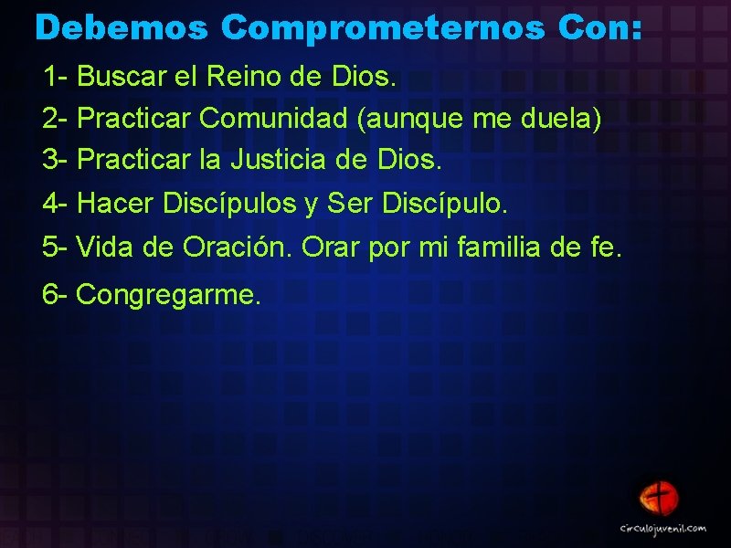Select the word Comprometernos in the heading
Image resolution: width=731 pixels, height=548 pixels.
point(384,27)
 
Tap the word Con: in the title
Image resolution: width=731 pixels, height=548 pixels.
point(604,27)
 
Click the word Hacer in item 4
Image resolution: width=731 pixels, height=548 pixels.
point(116,204)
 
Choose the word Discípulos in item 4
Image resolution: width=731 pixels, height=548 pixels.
point(233,204)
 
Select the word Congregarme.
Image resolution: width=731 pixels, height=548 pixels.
point(169,295)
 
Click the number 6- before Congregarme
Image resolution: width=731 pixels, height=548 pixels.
point(56,295)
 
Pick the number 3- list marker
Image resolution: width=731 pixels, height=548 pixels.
point(56,161)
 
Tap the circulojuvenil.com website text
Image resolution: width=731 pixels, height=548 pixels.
point(663,528)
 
